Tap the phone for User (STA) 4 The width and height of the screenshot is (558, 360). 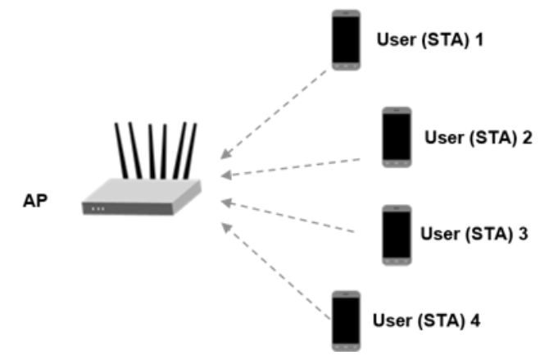tap(345, 319)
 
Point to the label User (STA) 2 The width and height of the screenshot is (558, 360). tap(479, 137)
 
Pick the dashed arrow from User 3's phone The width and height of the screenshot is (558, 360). tap(288, 216)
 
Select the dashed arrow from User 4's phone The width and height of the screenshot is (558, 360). tap(274, 273)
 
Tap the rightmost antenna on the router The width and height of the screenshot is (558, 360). tap(192, 149)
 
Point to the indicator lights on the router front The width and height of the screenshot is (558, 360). tap(98, 208)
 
